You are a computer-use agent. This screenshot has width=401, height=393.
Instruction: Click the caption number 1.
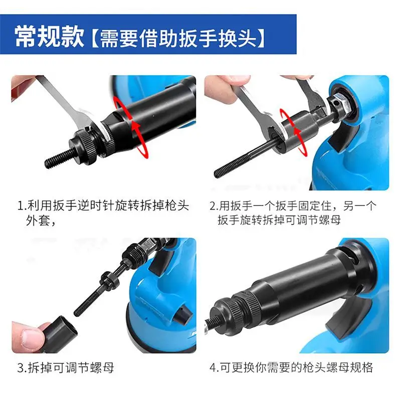click(x=21, y=206)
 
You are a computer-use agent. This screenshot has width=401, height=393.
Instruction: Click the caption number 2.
click(x=213, y=206)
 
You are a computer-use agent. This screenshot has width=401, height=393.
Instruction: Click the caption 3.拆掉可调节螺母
click(x=66, y=368)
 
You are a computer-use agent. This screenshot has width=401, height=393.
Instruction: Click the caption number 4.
click(x=213, y=368)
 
